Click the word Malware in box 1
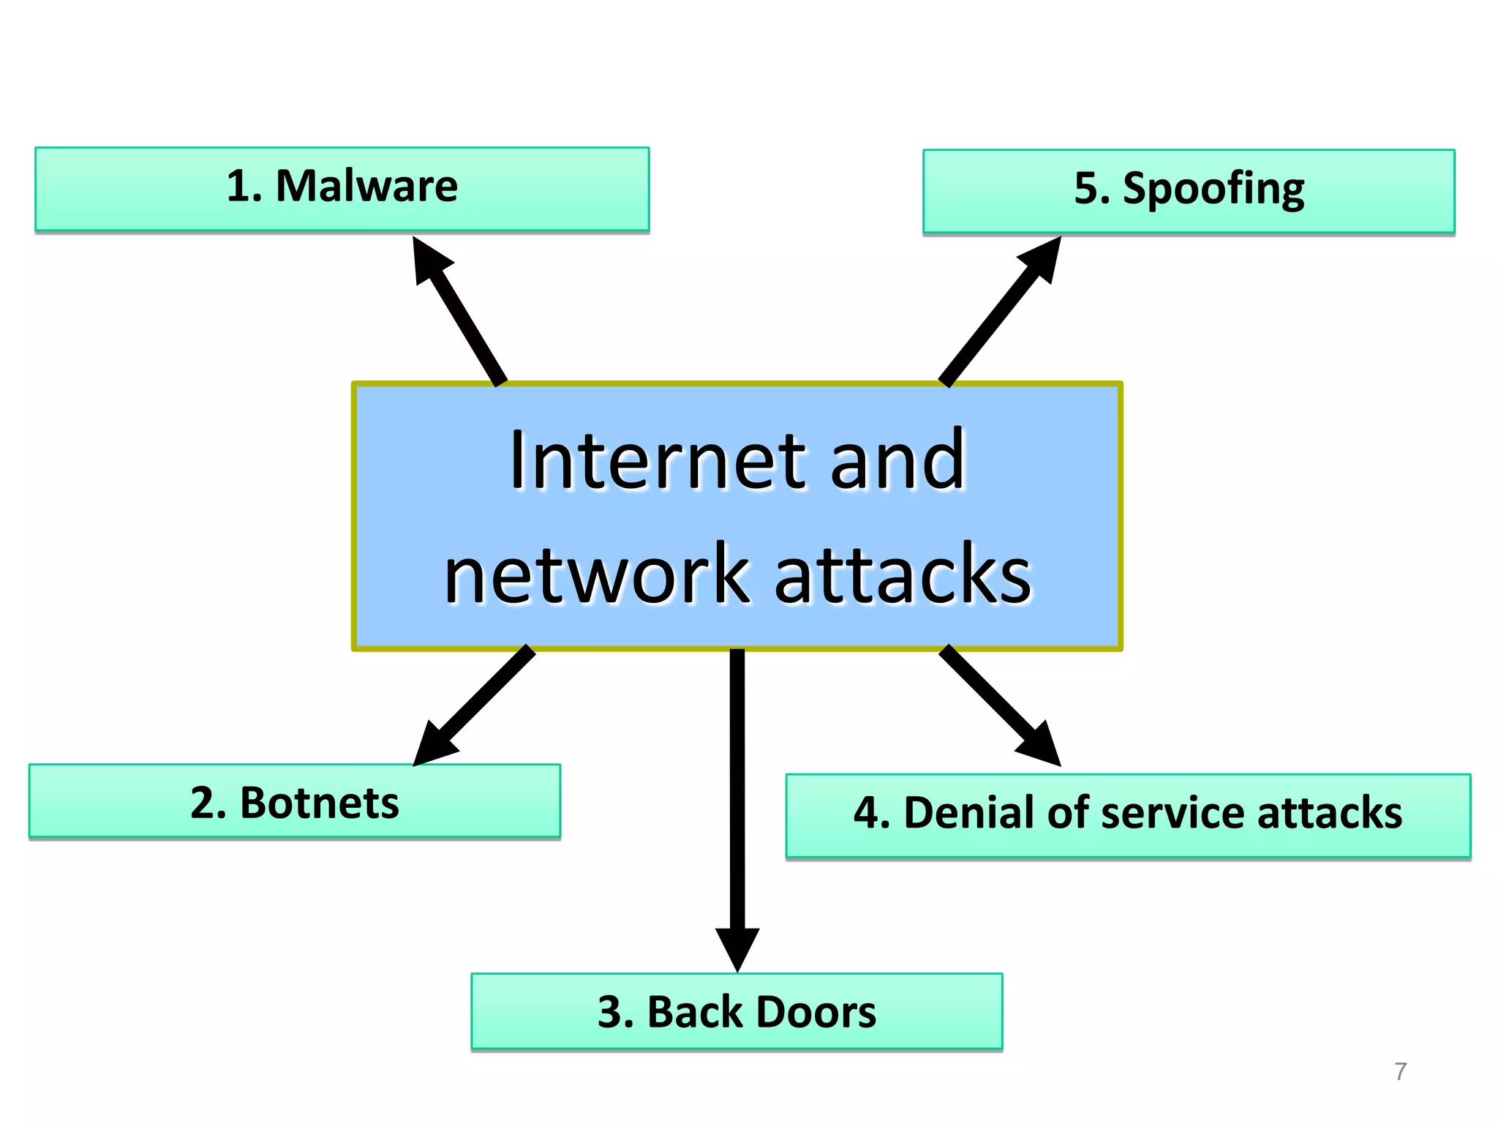[x=366, y=186]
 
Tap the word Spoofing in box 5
[x=1213, y=189]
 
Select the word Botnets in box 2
[x=319, y=803]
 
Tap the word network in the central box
[x=596, y=576]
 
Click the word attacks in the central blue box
[x=902, y=576]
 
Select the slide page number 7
[x=1400, y=1071]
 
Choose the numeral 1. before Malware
[x=244, y=186]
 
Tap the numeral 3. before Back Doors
[x=615, y=1013]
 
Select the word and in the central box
[x=897, y=460]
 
